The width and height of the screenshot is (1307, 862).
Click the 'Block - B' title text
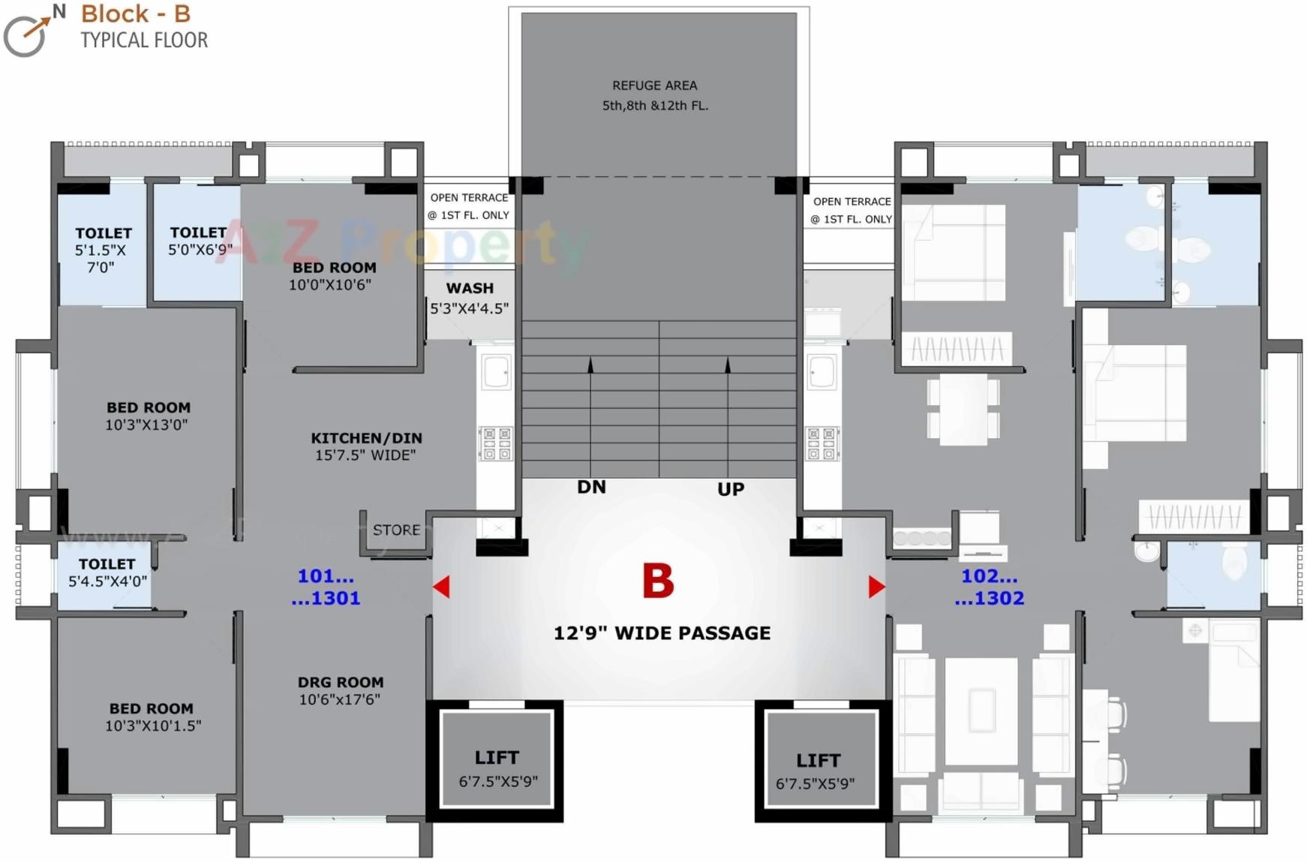tap(136, 14)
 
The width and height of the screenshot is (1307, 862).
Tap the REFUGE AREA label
tap(654, 86)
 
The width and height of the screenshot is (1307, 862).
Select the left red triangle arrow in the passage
tap(442, 587)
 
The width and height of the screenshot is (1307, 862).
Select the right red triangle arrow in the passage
tap(876, 587)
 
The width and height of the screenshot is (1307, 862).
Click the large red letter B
tap(658, 581)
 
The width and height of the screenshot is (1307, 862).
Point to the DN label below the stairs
tap(591, 487)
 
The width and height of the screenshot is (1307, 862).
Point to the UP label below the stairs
tap(730, 489)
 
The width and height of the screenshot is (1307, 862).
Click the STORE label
tap(396, 530)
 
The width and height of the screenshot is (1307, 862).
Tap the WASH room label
tap(470, 288)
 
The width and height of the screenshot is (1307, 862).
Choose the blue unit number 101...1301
tap(326, 587)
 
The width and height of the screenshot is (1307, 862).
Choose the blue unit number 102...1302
tap(989, 587)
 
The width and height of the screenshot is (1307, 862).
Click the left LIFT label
tap(497, 758)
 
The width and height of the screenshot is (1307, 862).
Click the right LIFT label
tap(818, 761)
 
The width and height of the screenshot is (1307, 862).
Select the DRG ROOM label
tap(341, 682)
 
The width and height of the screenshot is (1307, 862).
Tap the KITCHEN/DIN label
tap(366, 438)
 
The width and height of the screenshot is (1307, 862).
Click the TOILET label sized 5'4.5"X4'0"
tap(107, 564)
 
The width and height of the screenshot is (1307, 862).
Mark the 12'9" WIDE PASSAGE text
tap(662, 633)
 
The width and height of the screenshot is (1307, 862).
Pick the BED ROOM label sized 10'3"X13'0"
tap(149, 407)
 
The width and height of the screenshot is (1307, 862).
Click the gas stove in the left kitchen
tap(496, 443)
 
